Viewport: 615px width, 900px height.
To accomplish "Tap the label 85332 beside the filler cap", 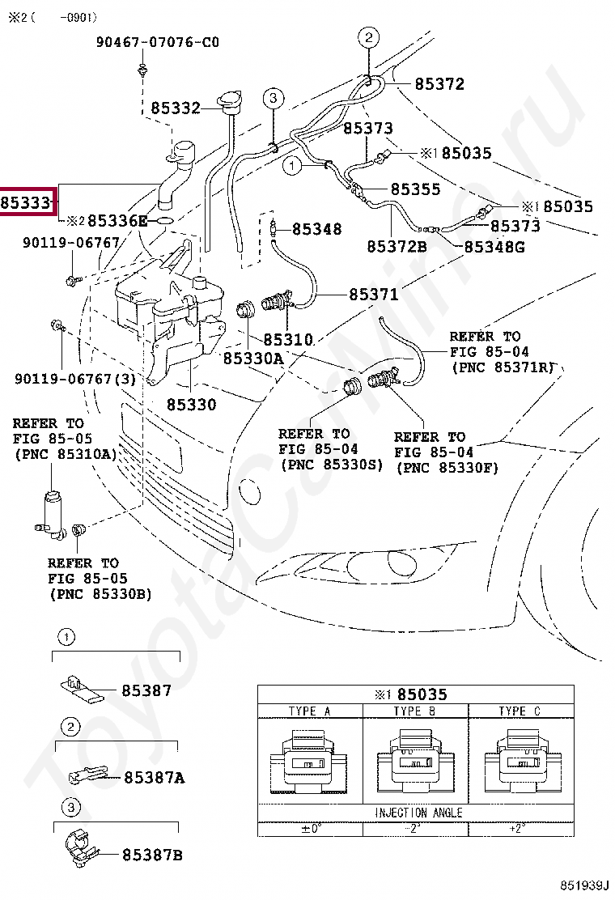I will (175, 108).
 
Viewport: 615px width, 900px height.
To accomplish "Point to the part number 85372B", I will (397, 246).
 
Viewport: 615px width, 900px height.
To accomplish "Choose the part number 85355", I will (415, 189).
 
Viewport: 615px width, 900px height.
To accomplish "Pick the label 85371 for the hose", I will (374, 295).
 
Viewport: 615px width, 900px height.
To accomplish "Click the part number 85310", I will (287, 341).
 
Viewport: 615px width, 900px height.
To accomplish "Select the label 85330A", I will (252, 357).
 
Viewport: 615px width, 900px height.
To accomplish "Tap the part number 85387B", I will (153, 855).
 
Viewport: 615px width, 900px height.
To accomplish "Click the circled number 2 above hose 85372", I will (368, 36).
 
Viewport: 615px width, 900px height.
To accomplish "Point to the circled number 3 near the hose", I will (273, 99).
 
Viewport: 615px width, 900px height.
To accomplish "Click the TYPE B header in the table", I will (415, 711).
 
